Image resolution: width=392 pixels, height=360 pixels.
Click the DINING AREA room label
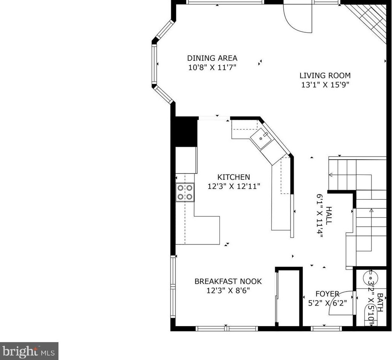point(212,58)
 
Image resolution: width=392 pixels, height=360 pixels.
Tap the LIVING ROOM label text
point(325,75)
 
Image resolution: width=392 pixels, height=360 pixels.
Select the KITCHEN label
point(234,177)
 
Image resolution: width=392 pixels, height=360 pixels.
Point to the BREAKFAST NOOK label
point(228,281)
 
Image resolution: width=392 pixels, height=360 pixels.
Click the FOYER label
point(327,294)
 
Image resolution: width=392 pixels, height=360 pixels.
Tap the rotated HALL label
point(329,216)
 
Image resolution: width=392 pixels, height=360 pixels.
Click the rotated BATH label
point(380,303)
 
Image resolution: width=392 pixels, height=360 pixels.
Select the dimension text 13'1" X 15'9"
point(325,85)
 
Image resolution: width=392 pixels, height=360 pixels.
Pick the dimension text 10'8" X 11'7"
point(212,67)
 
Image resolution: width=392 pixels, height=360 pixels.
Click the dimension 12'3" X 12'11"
point(234,186)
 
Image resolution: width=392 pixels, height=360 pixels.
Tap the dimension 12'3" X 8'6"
point(228,291)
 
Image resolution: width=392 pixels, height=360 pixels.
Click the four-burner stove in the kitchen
point(185,192)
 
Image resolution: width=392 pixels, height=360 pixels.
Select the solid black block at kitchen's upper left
point(186,132)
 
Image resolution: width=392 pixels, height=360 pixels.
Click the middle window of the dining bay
point(154,65)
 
